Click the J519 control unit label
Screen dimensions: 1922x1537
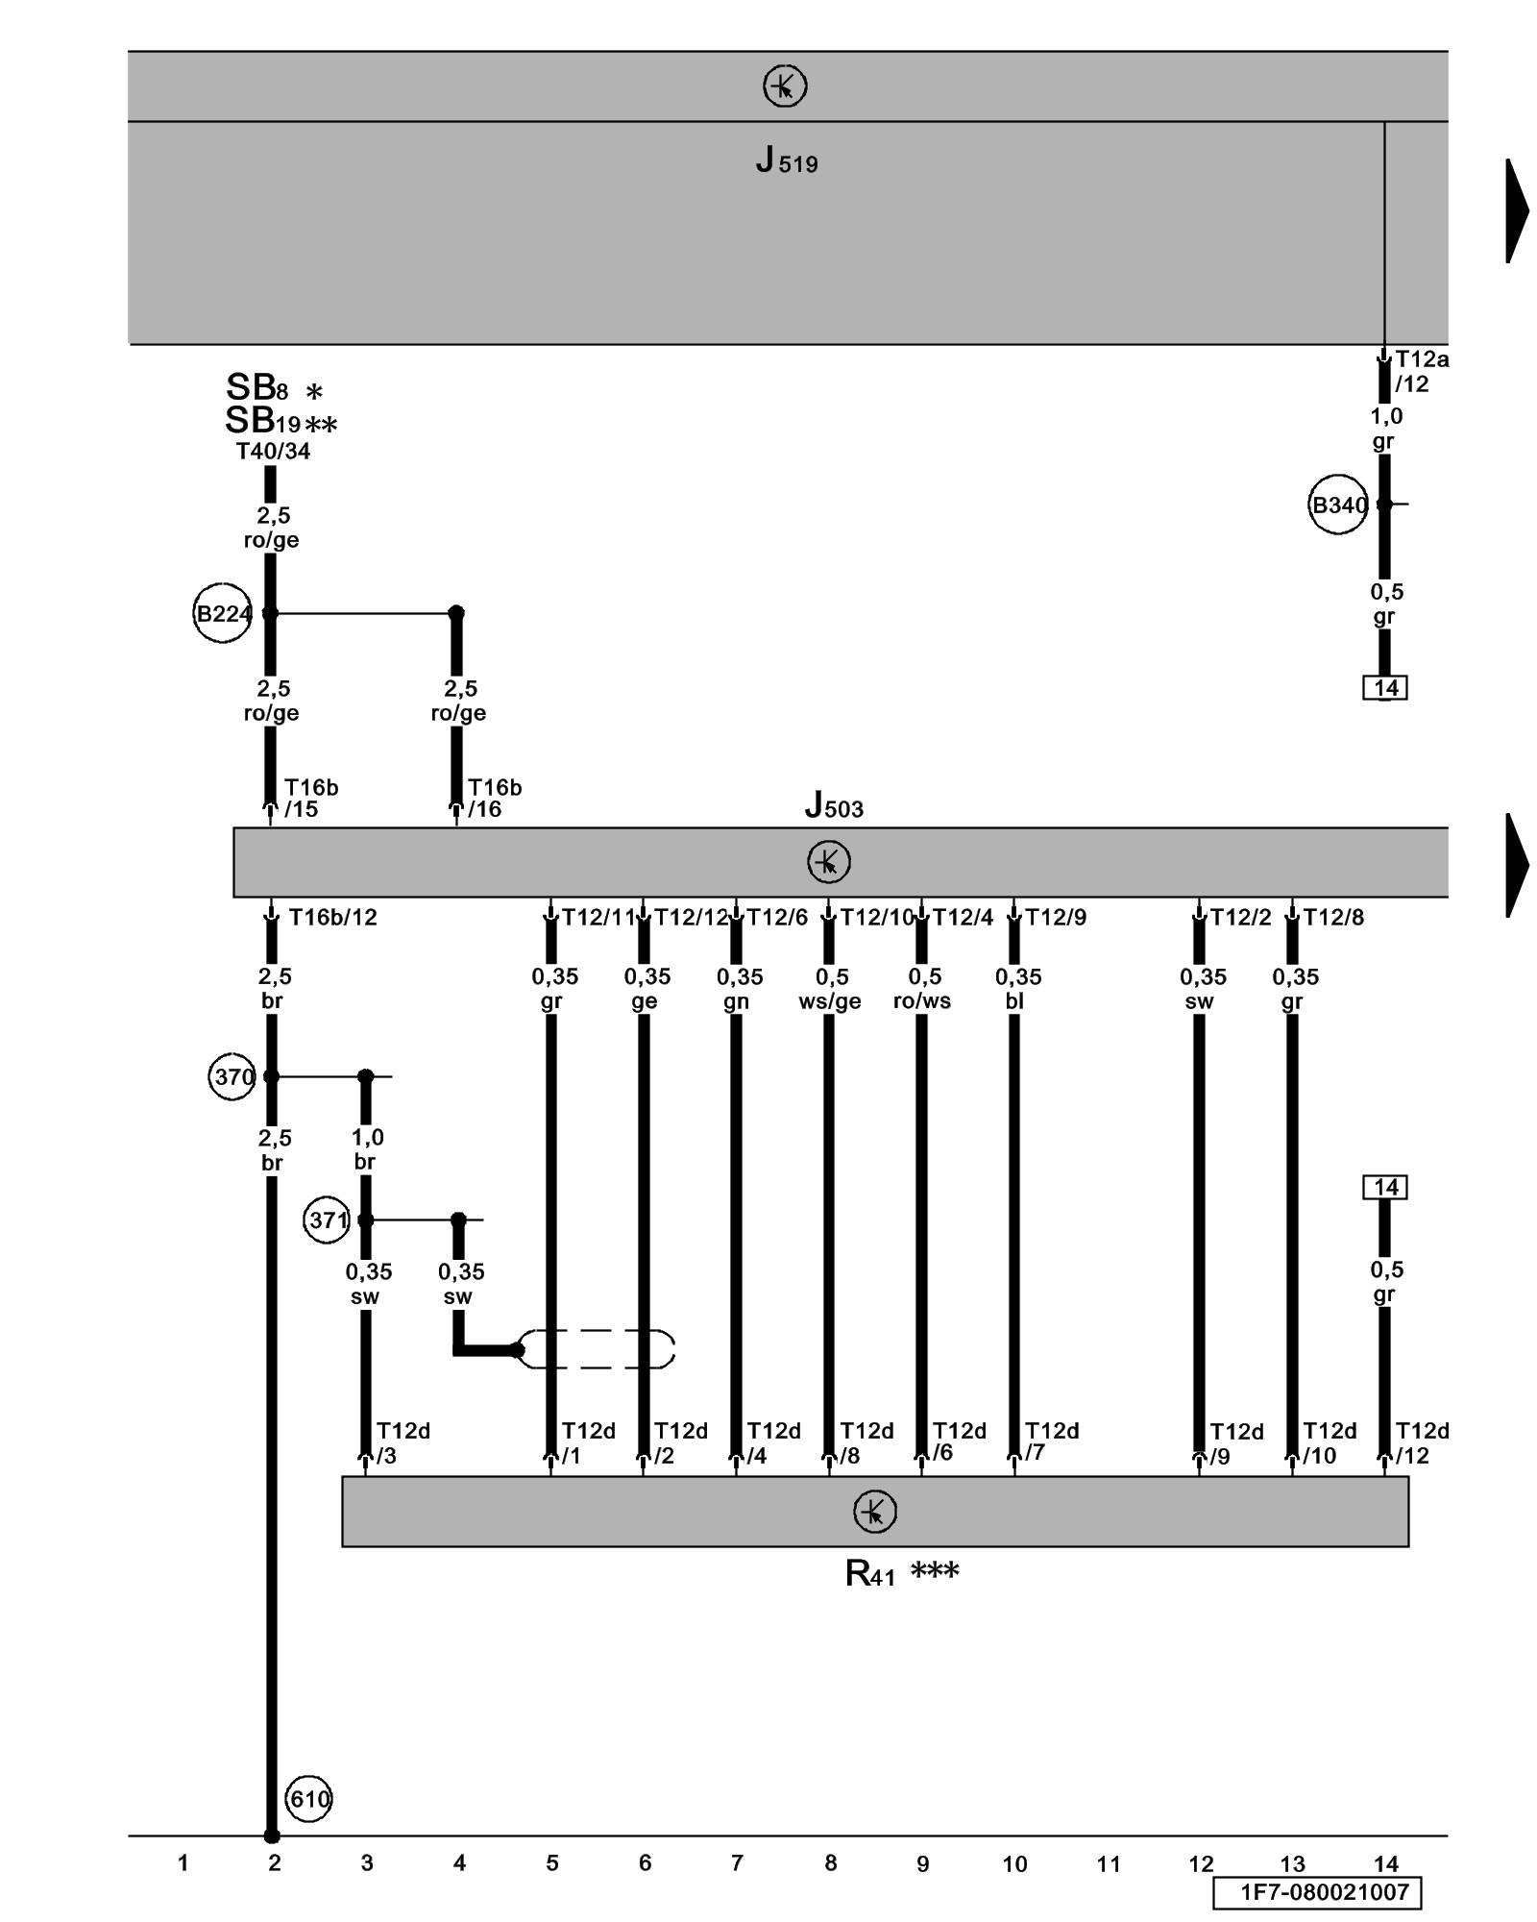coord(786,160)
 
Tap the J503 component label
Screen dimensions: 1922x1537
coord(834,805)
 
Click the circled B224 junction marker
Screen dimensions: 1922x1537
coord(223,613)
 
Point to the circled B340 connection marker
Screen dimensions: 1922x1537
coord(1338,505)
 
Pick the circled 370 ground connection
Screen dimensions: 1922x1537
coord(232,1076)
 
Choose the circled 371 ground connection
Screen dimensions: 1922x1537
coord(327,1220)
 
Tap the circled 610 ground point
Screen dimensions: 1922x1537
coord(309,1799)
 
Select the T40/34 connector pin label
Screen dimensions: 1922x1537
coord(274,452)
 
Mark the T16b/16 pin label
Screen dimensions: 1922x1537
coord(494,799)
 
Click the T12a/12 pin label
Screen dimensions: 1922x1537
coord(1421,372)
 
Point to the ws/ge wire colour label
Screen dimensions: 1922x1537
coord(830,1001)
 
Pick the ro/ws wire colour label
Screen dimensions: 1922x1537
coord(922,1001)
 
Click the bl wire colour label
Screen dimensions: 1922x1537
coord(1014,1001)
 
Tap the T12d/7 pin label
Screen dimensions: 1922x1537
coord(1051,1441)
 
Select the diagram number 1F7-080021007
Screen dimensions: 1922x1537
coord(1324,1892)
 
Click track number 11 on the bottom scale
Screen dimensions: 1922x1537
coord(1109,1864)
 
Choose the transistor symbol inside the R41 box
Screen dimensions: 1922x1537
coord(874,1512)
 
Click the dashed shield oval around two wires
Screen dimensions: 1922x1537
coord(597,1349)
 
